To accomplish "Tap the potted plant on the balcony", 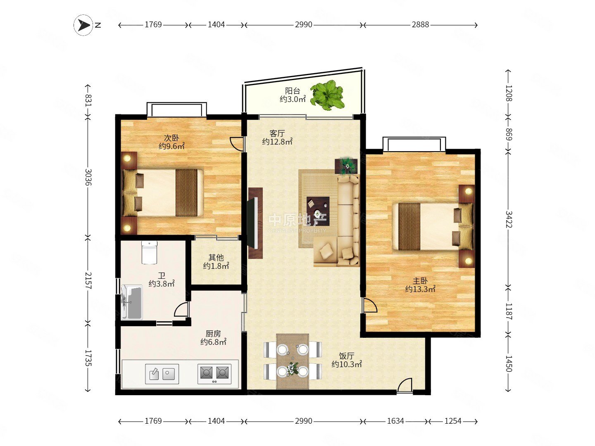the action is pyautogui.click(x=327, y=95).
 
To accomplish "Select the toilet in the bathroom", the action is pyautogui.click(x=149, y=252).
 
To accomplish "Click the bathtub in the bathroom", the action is pyautogui.click(x=132, y=302).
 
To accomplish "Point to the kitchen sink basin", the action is pyautogui.click(x=162, y=374).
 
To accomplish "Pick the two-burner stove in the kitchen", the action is pyautogui.click(x=214, y=374).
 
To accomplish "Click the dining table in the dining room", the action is pyautogui.click(x=293, y=361).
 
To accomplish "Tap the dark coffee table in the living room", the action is pyautogui.click(x=318, y=211).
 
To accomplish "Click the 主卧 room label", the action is pyautogui.click(x=420, y=280).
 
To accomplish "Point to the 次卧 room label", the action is pyautogui.click(x=171, y=138).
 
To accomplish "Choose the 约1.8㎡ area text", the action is pyautogui.click(x=216, y=266).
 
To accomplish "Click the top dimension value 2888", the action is pyautogui.click(x=421, y=25).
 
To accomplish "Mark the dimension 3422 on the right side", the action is pyautogui.click(x=509, y=219).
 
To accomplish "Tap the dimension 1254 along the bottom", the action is pyautogui.click(x=453, y=421).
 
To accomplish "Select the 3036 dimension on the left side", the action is pyautogui.click(x=88, y=178).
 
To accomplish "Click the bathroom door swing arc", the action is pyautogui.click(x=181, y=310).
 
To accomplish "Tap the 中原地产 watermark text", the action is pyautogui.click(x=297, y=220).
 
